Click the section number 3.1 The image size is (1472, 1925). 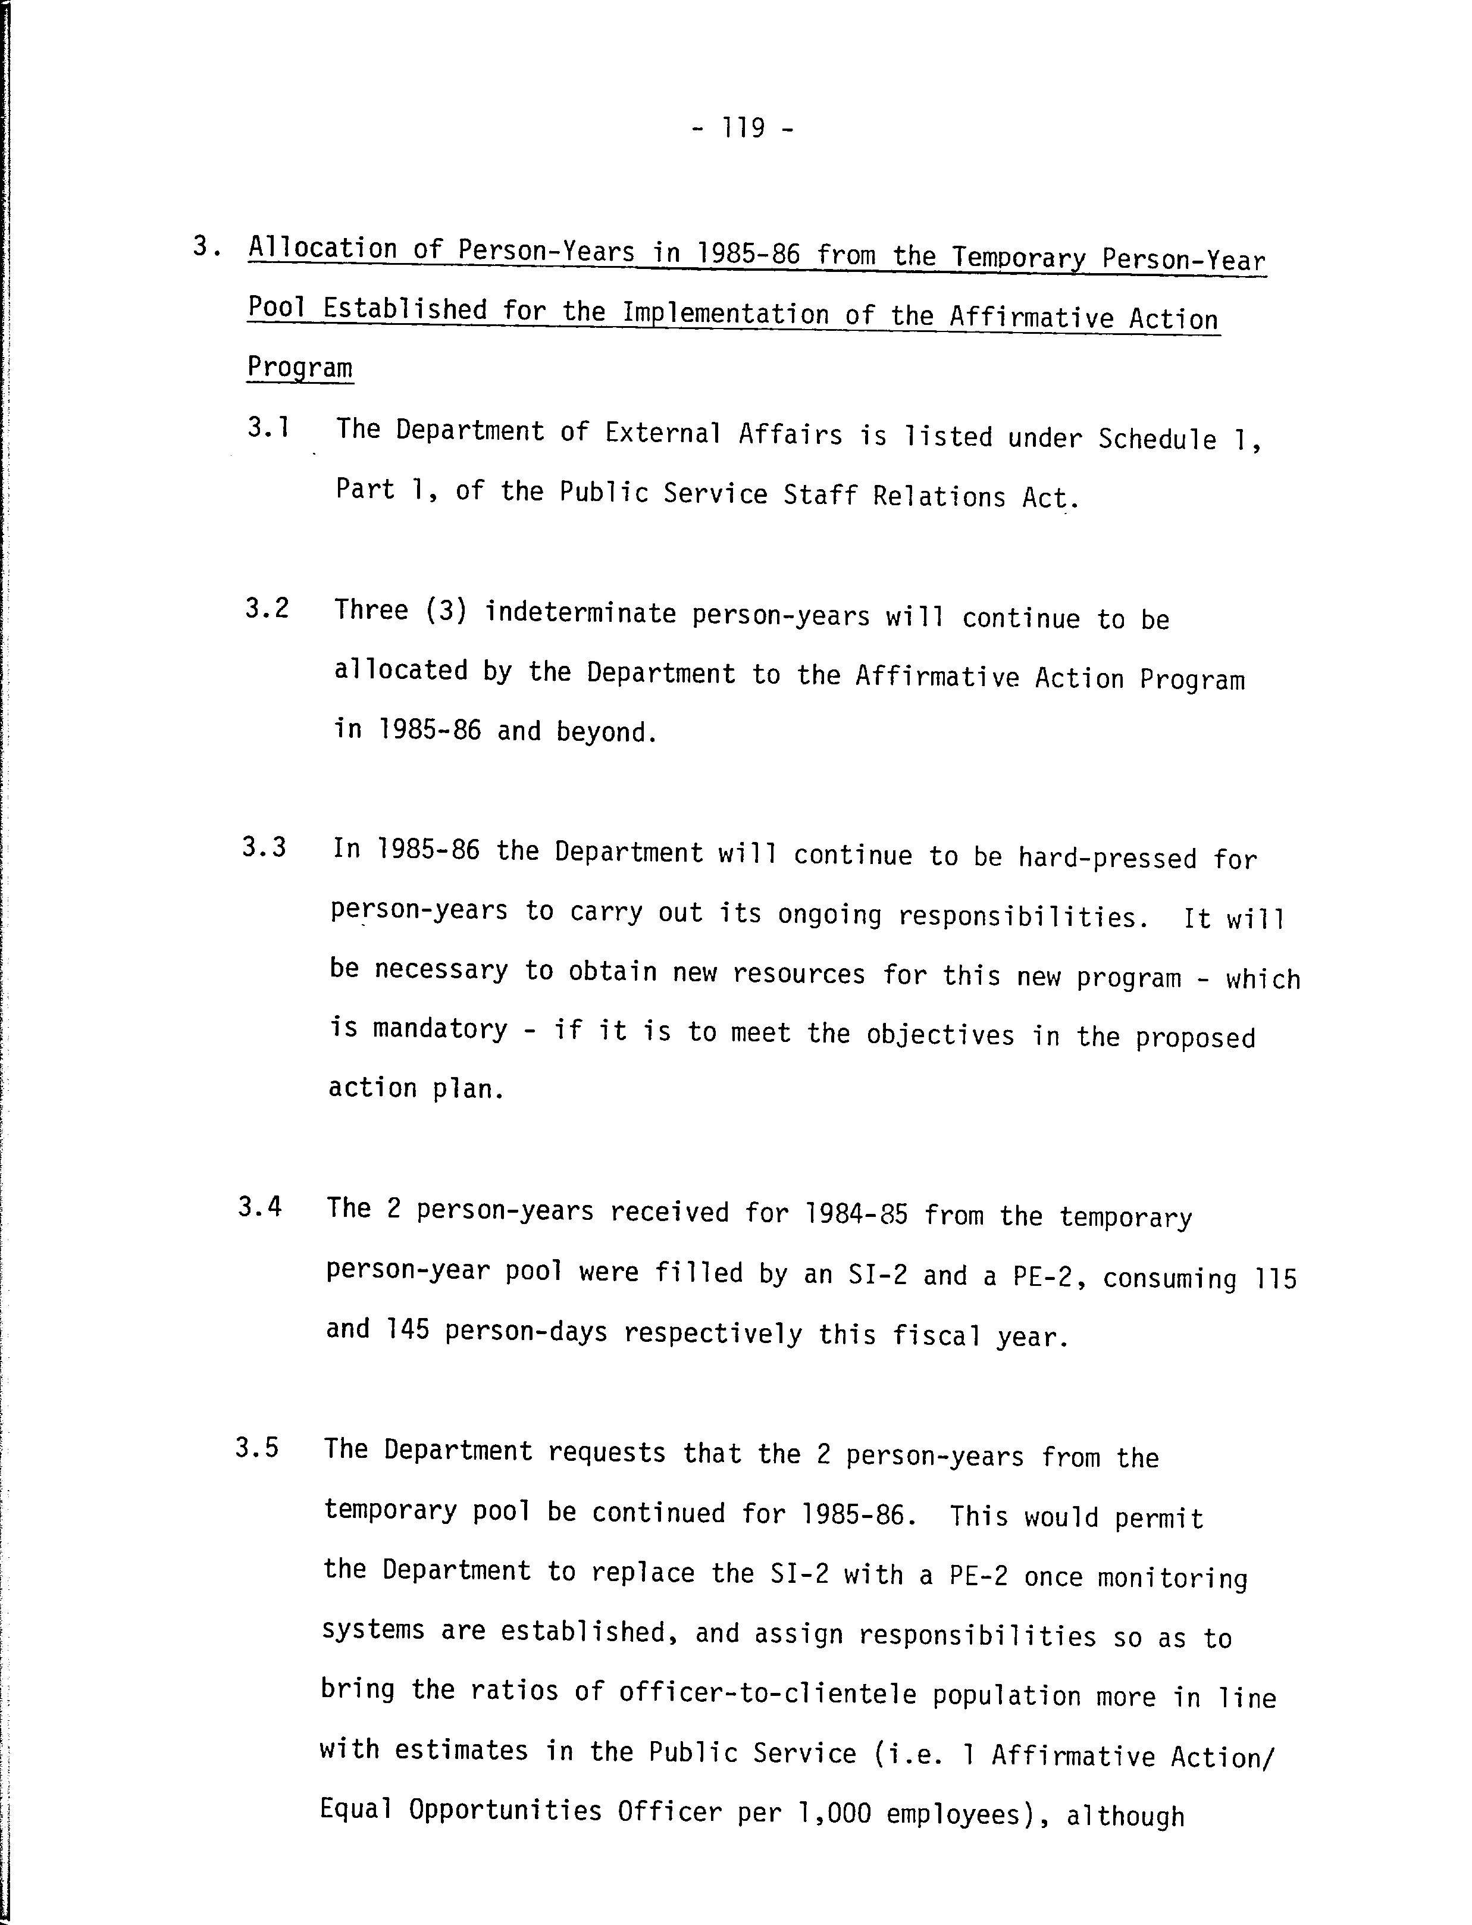268,428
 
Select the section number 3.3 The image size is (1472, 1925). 265,848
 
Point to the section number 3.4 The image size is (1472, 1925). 260,1207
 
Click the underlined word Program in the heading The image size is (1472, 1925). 300,368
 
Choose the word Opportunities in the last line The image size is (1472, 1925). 505,1810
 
